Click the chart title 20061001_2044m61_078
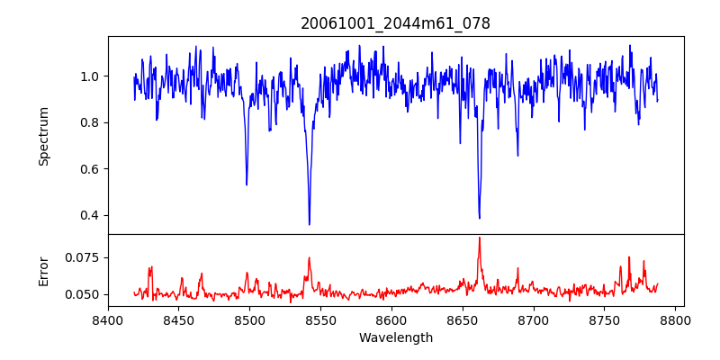(x=395, y=23)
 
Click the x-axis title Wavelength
(x=395, y=338)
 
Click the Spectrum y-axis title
(x=43, y=136)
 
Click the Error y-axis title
(x=43, y=270)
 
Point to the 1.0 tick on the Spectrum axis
(x=90, y=76)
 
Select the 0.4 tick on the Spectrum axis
(x=90, y=215)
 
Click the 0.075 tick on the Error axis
(x=83, y=257)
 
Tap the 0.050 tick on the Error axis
(x=83, y=294)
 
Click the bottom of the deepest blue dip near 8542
(x=310, y=224)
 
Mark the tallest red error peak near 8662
(x=479, y=238)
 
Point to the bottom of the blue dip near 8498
(x=247, y=184)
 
